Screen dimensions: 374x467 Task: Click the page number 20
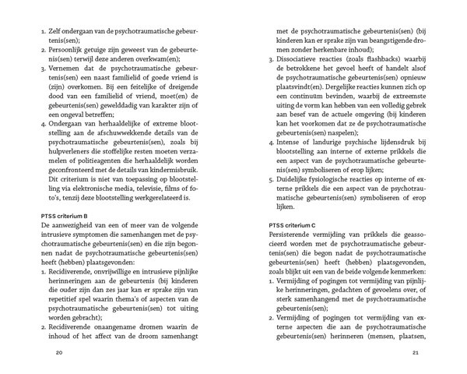click(x=58, y=353)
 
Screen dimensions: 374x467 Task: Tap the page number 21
click(x=416, y=353)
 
